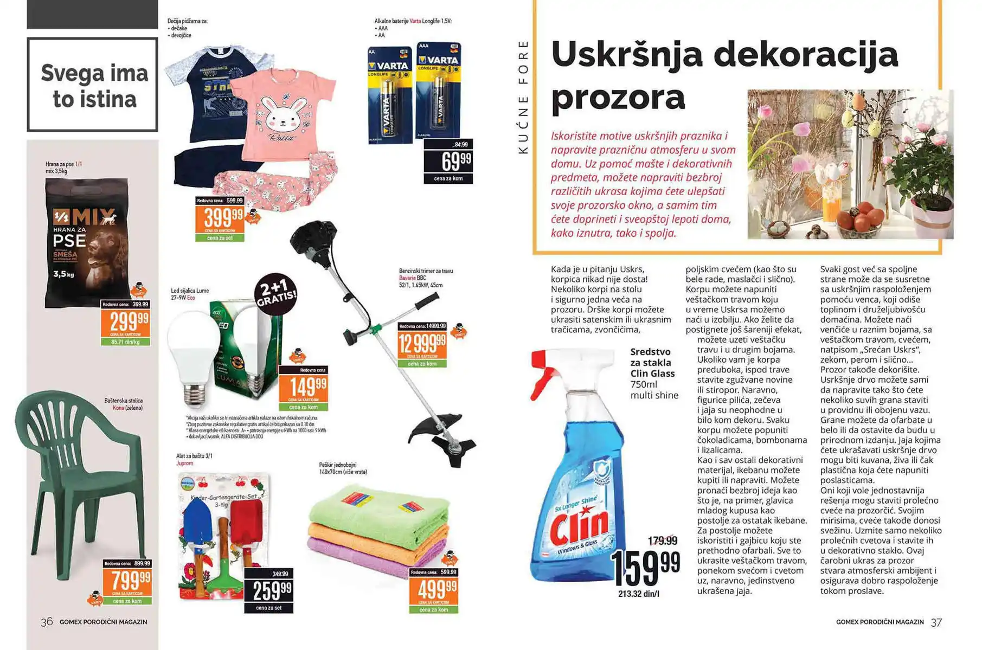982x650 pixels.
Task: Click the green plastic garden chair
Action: [81, 488]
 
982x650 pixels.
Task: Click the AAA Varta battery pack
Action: [438, 89]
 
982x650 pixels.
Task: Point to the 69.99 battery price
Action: [448, 162]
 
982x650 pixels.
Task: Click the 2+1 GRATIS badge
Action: [276, 294]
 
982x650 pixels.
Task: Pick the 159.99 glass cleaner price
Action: [645, 567]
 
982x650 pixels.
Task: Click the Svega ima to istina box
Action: [93, 85]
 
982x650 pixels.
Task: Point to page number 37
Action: [936, 622]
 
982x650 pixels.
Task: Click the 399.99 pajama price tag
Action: [220, 218]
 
